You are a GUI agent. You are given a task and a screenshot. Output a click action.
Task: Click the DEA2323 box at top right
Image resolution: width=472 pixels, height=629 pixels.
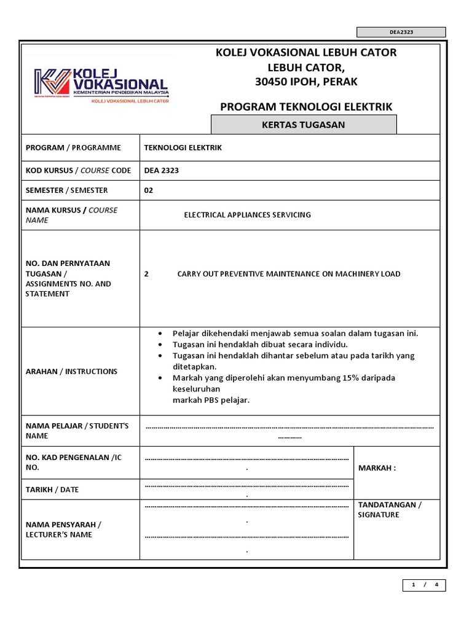pyautogui.click(x=401, y=32)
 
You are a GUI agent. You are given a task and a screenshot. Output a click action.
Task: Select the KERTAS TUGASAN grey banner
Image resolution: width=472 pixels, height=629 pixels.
pyautogui.click(x=304, y=125)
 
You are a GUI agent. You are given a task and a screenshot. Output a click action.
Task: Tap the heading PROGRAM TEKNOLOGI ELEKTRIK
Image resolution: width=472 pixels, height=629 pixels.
pyautogui.click(x=306, y=107)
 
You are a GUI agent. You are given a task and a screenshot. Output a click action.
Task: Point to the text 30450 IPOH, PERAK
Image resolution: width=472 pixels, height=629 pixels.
pyautogui.click(x=306, y=82)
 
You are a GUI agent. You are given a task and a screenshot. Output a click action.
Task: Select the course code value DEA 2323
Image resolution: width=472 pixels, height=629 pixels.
pyautogui.click(x=161, y=170)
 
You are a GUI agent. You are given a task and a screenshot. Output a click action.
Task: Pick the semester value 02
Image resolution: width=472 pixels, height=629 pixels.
pyautogui.click(x=148, y=190)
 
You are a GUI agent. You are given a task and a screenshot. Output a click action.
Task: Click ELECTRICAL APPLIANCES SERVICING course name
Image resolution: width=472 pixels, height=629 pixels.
pyautogui.click(x=248, y=215)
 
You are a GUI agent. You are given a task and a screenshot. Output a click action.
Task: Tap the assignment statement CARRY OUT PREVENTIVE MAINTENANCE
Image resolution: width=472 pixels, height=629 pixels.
pyautogui.click(x=288, y=274)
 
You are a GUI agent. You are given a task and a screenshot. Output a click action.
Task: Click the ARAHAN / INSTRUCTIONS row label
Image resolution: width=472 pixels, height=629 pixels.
pyautogui.click(x=71, y=372)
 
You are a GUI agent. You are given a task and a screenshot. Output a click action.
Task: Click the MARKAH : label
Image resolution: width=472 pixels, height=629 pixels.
pyautogui.click(x=377, y=468)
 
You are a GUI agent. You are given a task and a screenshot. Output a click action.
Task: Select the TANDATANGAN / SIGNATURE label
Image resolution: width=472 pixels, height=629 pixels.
pyautogui.click(x=390, y=510)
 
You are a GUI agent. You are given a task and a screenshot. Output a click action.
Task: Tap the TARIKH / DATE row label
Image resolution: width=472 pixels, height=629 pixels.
pyautogui.click(x=52, y=490)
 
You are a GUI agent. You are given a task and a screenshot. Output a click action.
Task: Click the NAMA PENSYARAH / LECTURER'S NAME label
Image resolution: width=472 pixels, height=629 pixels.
pyautogui.click(x=63, y=529)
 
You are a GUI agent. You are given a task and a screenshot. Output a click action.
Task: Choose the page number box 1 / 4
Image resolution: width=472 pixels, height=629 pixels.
pyautogui.click(x=424, y=585)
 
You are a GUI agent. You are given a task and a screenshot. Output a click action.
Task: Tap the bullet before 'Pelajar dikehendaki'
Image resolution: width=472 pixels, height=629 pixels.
pyautogui.click(x=160, y=334)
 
